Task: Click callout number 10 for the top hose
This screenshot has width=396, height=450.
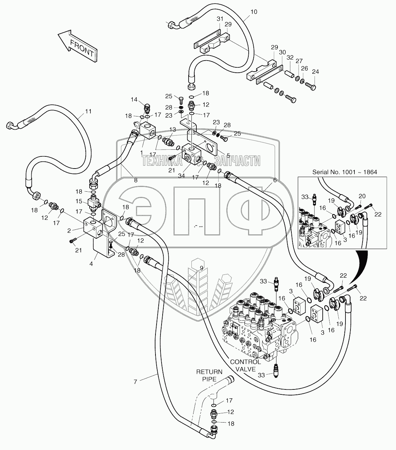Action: [254, 12]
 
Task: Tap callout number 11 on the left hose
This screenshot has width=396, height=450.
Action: [88, 112]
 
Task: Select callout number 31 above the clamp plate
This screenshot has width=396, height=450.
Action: [220, 19]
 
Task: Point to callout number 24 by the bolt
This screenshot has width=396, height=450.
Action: [315, 72]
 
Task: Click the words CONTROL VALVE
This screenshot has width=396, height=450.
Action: [245, 365]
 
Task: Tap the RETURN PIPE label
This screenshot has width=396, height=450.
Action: [210, 375]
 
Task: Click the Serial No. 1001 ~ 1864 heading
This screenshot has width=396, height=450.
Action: [344, 172]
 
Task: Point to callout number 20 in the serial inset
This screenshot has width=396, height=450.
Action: [362, 196]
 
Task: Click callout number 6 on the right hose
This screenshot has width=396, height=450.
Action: [274, 180]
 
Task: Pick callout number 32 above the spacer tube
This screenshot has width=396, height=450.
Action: [290, 57]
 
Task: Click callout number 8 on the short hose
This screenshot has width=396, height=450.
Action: [135, 180]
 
